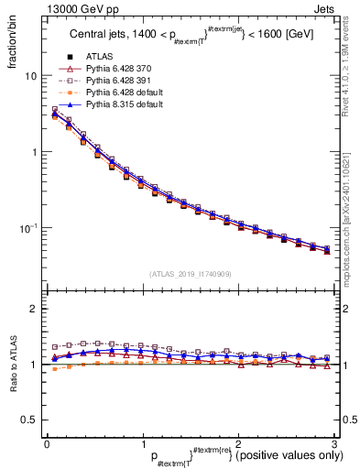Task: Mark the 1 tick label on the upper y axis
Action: tap(33, 152)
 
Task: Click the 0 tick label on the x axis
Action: tap(46, 442)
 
